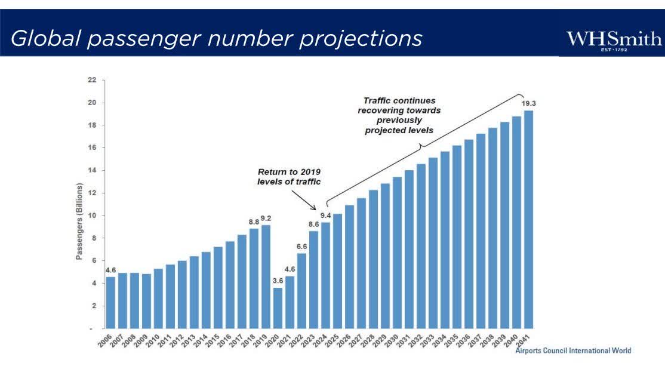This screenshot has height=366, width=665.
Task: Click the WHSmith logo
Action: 614,41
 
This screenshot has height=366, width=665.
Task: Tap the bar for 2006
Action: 110,303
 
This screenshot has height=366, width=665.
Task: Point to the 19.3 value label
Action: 528,103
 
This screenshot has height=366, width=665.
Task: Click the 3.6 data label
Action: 278,281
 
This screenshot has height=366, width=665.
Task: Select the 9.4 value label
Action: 325,215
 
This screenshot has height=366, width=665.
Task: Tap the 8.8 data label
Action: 253,222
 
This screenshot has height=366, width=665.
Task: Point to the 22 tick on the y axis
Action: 91,81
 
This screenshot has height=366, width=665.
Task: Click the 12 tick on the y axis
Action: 91,193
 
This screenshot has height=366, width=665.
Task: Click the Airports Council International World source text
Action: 573,350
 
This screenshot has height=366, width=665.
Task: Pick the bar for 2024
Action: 325,275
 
